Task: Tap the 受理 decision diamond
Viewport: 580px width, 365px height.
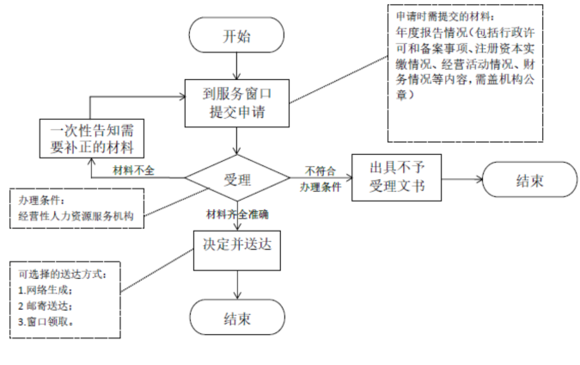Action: [236, 180]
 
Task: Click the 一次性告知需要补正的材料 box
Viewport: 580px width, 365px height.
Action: [91, 139]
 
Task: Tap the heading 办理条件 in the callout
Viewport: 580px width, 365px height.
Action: [35, 197]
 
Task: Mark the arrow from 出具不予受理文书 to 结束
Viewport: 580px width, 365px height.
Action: [456, 179]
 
